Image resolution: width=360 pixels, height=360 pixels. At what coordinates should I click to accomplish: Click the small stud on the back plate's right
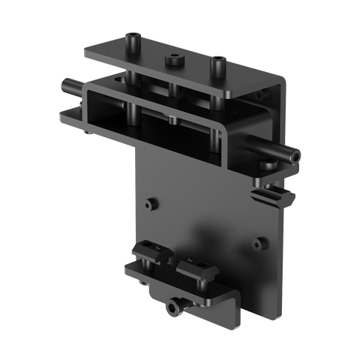point(262,242)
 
